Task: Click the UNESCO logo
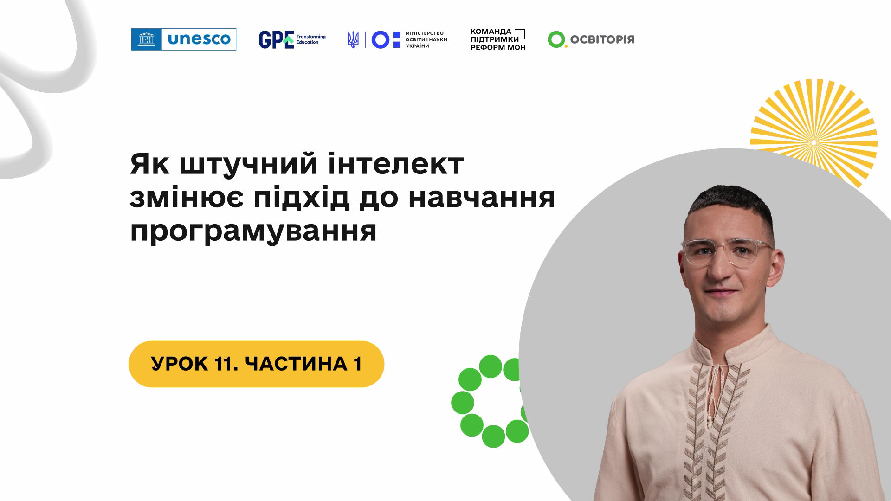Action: tap(184, 39)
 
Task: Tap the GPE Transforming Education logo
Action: tap(292, 39)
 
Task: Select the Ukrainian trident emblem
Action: tap(353, 40)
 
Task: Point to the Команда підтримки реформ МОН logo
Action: tap(498, 39)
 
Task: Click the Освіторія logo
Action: tap(591, 39)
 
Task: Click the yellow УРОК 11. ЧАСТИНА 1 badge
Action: tap(256, 364)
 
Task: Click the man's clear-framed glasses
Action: tap(727, 253)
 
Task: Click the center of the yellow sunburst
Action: tap(814, 142)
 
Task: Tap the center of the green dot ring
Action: tap(493, 401)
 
